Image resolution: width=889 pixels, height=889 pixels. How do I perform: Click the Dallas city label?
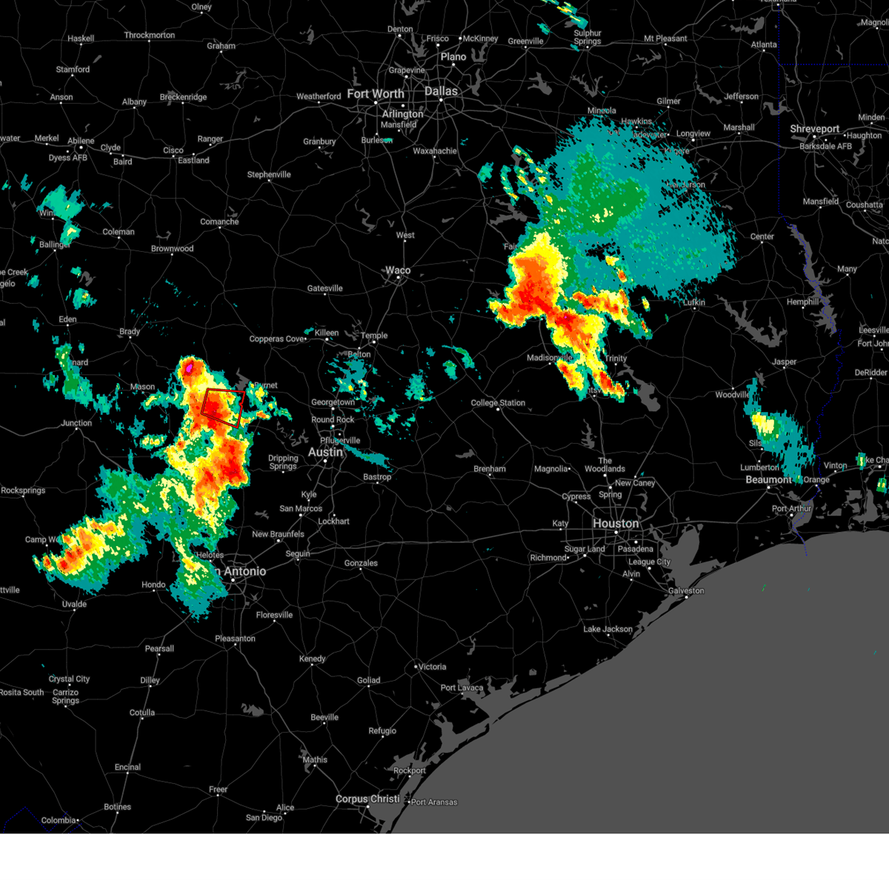point(441,91)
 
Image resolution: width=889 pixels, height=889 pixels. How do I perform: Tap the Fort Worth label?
point(376,94)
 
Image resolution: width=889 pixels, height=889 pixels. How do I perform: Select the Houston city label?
point(615,524)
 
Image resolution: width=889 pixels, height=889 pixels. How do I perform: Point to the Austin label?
point(325,452)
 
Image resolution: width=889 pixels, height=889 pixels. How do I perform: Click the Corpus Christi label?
point(367,799)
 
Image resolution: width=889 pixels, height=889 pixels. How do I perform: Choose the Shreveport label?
point(814,129)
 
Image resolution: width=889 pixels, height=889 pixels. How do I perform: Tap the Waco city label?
point(398,270)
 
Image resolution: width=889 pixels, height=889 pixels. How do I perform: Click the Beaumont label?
point(768,480)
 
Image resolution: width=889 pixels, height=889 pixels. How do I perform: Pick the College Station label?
point(498,403)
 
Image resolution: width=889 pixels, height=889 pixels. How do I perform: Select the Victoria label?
point(432,667)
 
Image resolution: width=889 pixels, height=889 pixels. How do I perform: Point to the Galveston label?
point(686,590)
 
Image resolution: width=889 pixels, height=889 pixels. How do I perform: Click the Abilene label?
point(81,141)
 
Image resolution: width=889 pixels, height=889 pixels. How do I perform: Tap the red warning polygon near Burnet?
point(223,407)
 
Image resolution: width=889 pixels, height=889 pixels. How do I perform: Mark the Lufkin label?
point(693,302)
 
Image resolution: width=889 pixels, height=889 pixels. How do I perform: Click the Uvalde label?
point(74,604)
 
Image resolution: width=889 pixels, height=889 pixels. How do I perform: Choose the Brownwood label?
point(172,249)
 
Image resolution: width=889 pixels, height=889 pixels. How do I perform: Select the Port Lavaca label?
point(462,687)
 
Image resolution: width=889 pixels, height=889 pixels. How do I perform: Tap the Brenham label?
point(490,469)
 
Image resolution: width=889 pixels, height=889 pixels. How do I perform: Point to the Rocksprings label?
point(23,490)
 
